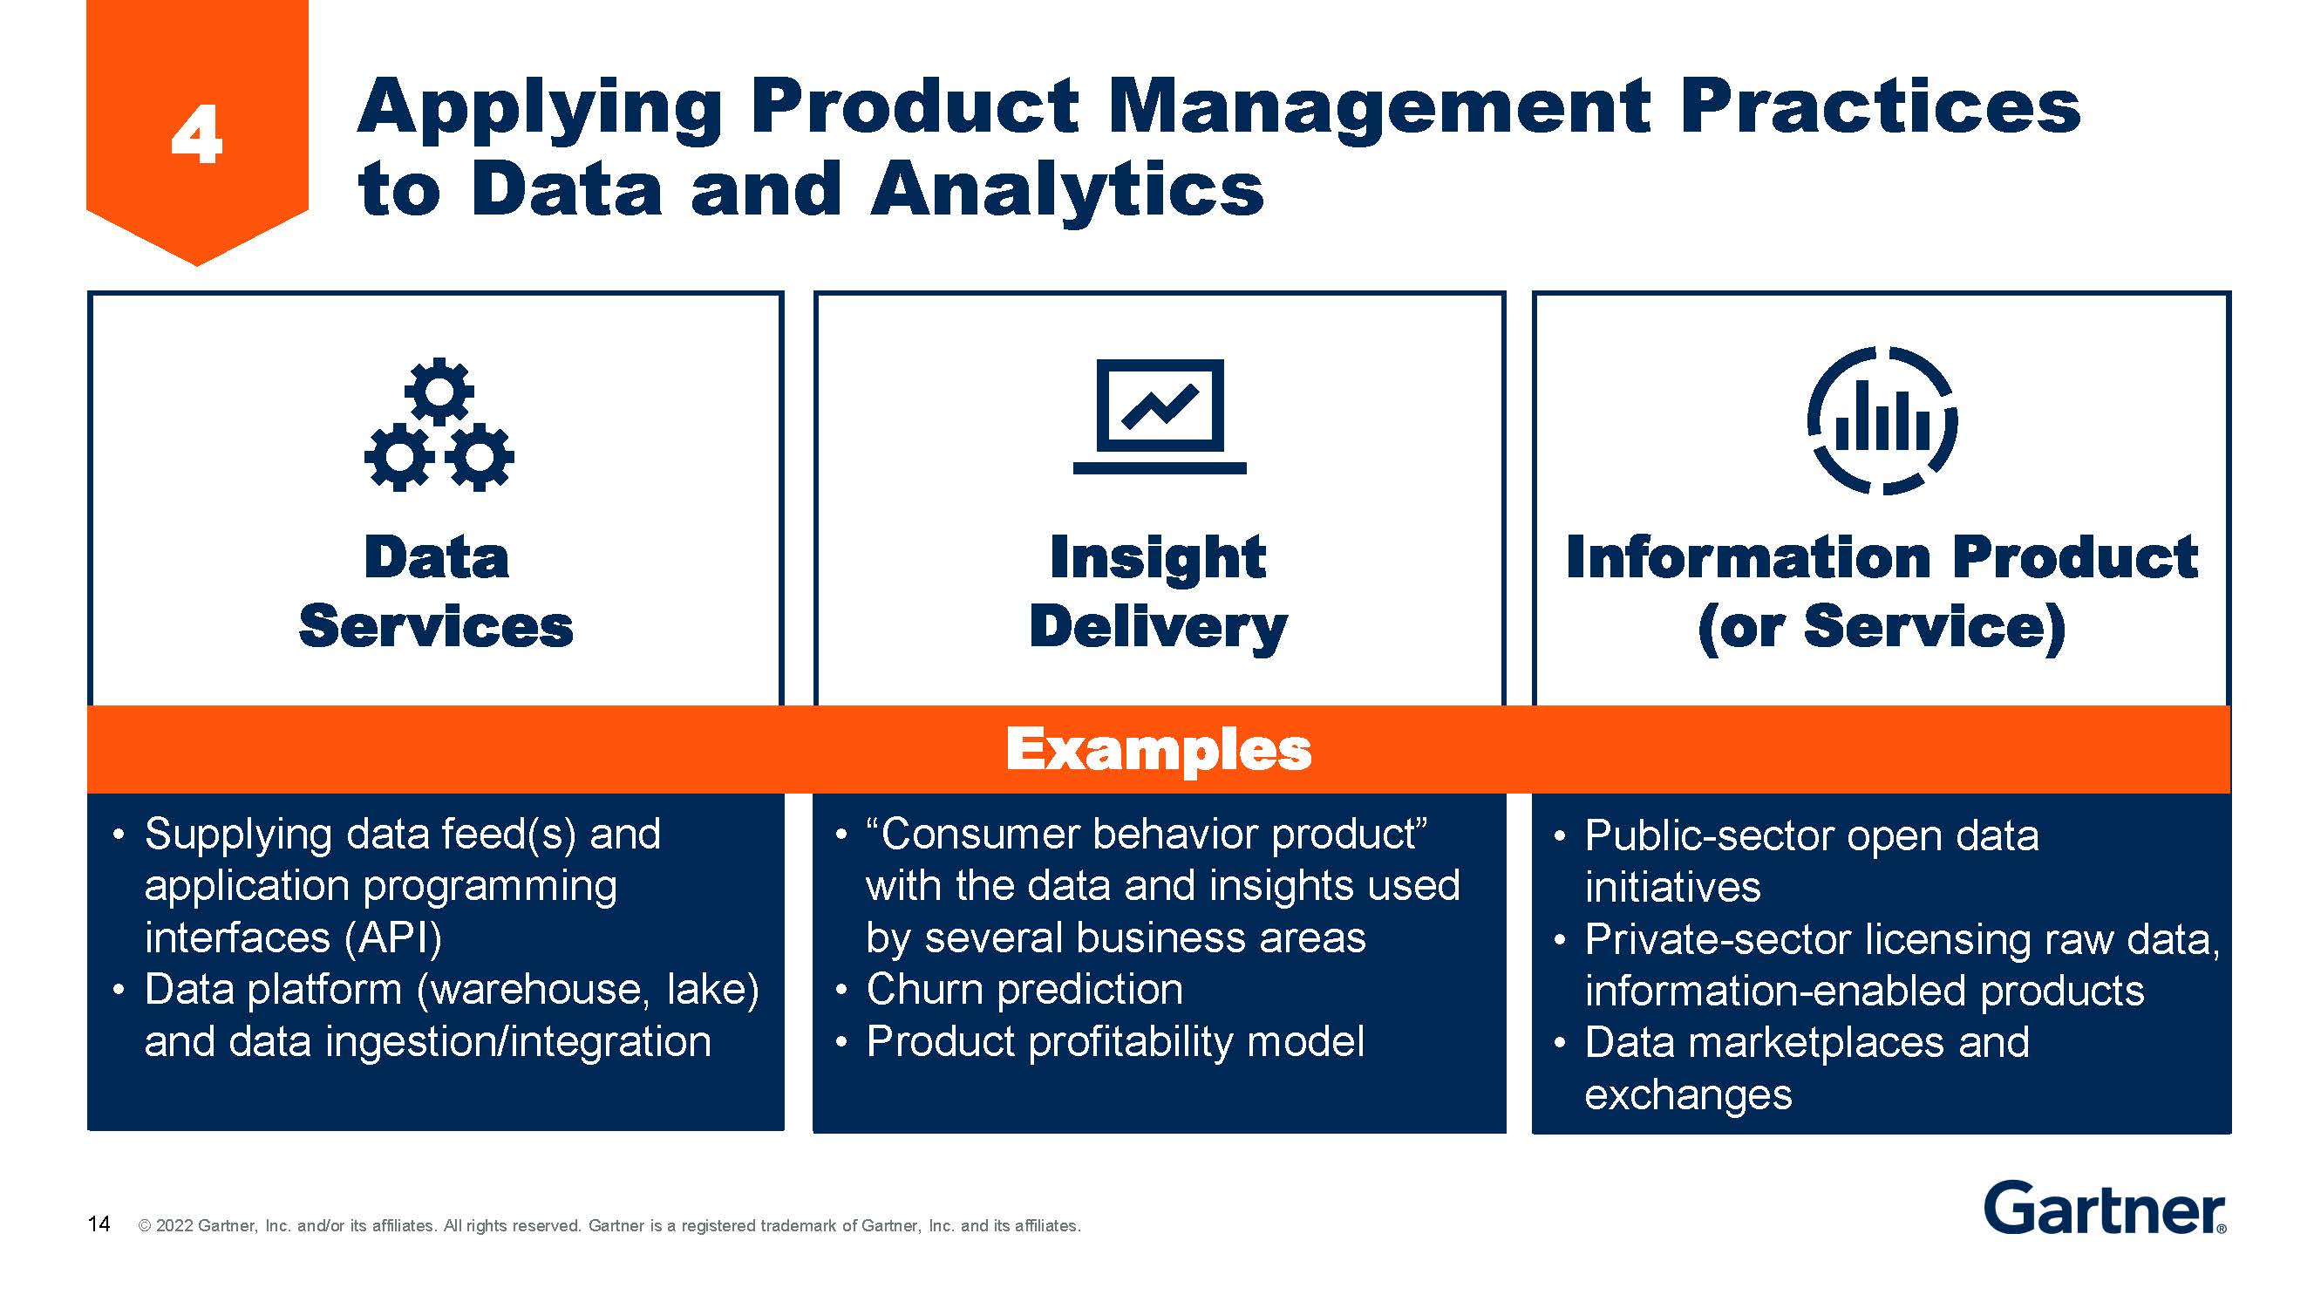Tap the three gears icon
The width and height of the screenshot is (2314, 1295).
439,424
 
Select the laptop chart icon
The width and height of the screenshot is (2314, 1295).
1159,416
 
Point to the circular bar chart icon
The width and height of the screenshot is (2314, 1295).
1882,420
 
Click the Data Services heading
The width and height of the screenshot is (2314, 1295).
436,590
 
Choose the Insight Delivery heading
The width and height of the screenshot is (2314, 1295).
1158,590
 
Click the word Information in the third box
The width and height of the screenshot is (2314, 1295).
1746,557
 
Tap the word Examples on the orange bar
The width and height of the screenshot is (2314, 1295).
1158,748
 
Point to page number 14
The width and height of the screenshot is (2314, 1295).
99,1223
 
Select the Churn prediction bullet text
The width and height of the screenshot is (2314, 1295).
1024,990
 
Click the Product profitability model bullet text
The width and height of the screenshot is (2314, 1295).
1115,1041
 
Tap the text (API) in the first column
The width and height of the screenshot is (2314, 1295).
393,938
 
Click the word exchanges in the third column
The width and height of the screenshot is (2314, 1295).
1688,1094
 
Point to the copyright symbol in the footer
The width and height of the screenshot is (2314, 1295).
144,1226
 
